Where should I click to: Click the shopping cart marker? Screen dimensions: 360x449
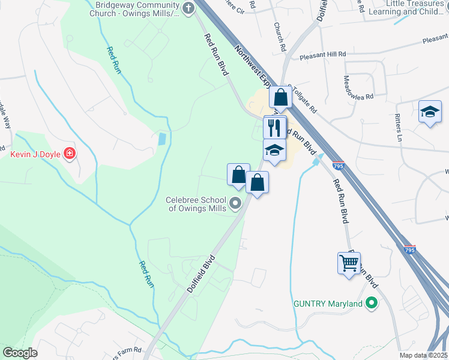point(349,262)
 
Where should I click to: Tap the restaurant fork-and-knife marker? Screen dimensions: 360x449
point(275,127)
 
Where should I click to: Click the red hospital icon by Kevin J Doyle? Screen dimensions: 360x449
point(70,154)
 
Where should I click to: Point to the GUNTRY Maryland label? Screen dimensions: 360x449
point(328,304)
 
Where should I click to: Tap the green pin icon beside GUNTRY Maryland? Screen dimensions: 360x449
point(372,304)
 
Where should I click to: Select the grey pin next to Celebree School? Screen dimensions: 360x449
point(236,204)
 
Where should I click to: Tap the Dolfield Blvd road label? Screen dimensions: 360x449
point(200,275)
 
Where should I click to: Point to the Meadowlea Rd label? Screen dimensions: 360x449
point(358,87)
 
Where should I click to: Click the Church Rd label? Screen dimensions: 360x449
point(279,37)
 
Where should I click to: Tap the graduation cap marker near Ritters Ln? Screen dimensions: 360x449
point(430,112)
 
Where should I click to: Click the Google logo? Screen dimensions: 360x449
point(20,352)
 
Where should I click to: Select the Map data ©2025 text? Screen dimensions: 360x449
point(423,355)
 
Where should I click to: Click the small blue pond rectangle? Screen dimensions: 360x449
point(161,140)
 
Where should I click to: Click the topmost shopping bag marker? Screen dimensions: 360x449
point(280,96)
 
